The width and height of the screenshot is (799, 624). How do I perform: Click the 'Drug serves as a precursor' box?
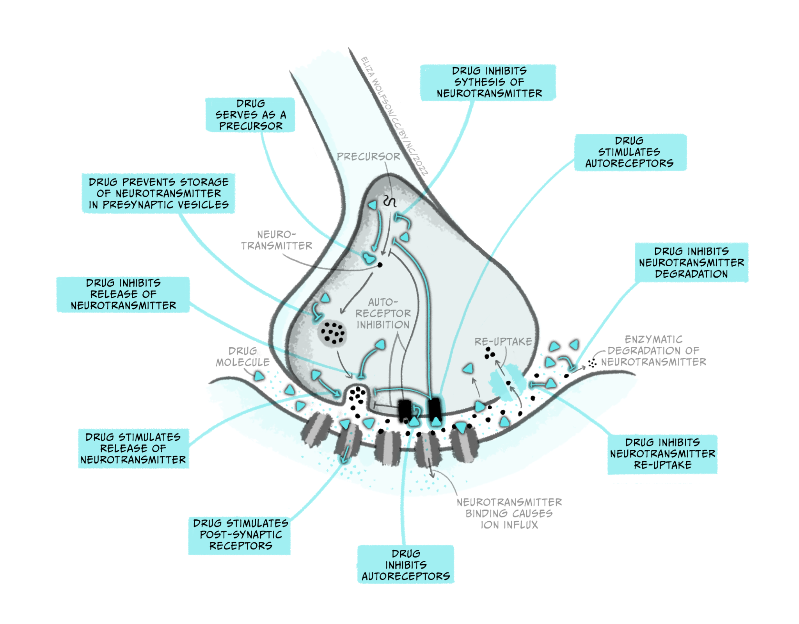250,115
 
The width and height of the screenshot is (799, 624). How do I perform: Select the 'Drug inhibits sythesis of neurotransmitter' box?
488,82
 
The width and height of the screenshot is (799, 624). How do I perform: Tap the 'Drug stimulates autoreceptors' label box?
630,152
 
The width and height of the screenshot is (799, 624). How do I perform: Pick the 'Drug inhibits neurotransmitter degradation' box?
691,262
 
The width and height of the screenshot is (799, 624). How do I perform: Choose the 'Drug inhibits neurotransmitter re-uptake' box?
662,454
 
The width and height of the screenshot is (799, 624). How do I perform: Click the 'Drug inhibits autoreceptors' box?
406,565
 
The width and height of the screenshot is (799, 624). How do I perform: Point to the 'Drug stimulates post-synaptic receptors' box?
240,534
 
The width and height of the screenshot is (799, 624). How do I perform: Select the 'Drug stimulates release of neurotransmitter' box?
133,448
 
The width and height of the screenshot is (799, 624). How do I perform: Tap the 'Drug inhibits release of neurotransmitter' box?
123,294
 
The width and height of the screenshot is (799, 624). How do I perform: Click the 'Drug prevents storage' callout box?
158,193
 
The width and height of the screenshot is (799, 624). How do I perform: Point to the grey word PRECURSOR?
368,157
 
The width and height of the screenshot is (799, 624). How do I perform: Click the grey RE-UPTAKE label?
503,342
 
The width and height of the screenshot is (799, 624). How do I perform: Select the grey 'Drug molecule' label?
242,357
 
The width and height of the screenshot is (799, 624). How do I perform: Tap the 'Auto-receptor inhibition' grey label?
383,314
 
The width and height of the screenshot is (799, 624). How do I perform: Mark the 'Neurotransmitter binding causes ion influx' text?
509,513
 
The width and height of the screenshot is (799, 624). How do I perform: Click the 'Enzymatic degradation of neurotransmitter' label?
653,351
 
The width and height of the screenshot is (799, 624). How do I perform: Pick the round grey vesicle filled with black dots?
332,333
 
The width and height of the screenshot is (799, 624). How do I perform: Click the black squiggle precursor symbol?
389,201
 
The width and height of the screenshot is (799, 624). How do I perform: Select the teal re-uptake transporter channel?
508,383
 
